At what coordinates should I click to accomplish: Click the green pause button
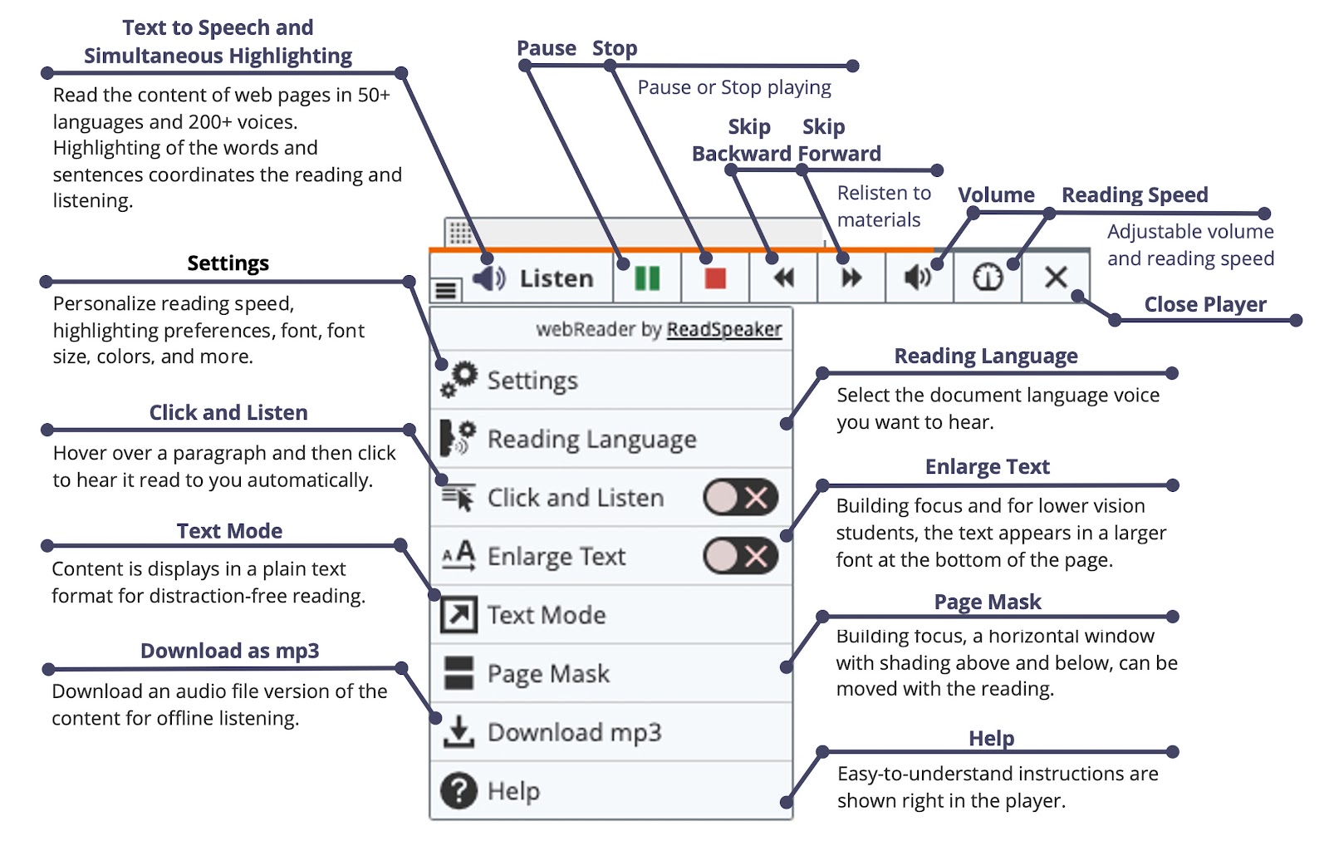click(647, 278)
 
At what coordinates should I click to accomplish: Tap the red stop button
click(715, 278)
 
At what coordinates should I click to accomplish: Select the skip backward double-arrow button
click(784, 278)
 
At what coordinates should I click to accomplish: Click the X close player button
click(1056, 278)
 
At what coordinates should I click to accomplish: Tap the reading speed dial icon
click(988, 278)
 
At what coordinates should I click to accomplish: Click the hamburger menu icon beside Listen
click(445, 290)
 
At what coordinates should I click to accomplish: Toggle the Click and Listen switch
click(740, 497)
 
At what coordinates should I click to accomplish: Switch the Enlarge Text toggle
click(740, 556)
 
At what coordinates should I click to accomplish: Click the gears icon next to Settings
click(459, 379)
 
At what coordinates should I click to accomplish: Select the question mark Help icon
click(459, 790)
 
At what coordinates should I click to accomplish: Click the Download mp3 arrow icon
click(459, 732)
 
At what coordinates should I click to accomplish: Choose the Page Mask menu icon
click(459, 673)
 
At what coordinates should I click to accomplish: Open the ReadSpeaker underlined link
click(724, 329)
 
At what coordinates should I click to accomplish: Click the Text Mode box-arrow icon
click(459, 615)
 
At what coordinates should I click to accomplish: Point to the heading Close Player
click(1205, 304)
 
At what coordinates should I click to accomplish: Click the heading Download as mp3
click(229, 651)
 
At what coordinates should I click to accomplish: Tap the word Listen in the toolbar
click(557, 278)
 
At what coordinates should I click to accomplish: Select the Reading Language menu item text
click(591, 439)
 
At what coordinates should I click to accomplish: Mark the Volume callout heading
click(996, 194)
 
